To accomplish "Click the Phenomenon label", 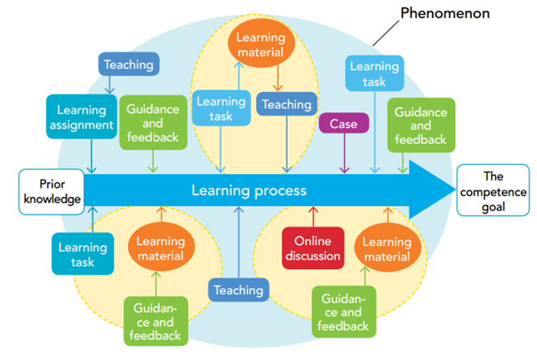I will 446,13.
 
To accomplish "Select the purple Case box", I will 344,124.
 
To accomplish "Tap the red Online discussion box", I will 313,248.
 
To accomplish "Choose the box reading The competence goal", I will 493,191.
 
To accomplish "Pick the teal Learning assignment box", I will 82,117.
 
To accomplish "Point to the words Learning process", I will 248,191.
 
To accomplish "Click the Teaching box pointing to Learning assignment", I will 129,65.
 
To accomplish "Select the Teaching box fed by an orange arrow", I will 287,105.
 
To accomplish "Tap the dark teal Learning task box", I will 82,254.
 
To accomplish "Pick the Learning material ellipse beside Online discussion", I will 386,249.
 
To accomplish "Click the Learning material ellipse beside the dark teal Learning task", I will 161,248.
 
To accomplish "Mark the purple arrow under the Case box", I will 344,153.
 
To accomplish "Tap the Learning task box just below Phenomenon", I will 374,73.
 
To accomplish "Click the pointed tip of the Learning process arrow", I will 451,191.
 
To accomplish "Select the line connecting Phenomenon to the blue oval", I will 385,33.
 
